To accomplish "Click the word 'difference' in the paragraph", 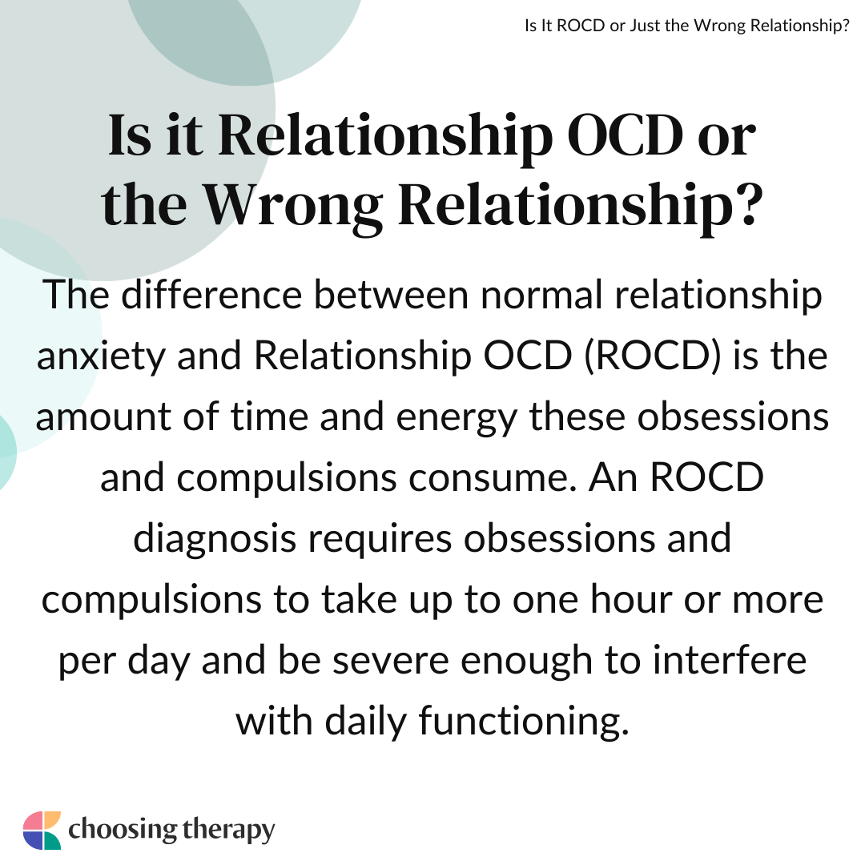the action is coord(211,295).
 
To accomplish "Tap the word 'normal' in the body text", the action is coord(541,295).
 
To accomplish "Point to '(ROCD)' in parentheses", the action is coord(653,356).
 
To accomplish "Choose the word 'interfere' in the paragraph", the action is coord(730,660).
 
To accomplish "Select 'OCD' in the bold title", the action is coord(625,135).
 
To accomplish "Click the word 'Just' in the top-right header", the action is coord(644,26).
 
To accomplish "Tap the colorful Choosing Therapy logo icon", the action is coord(42,831).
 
